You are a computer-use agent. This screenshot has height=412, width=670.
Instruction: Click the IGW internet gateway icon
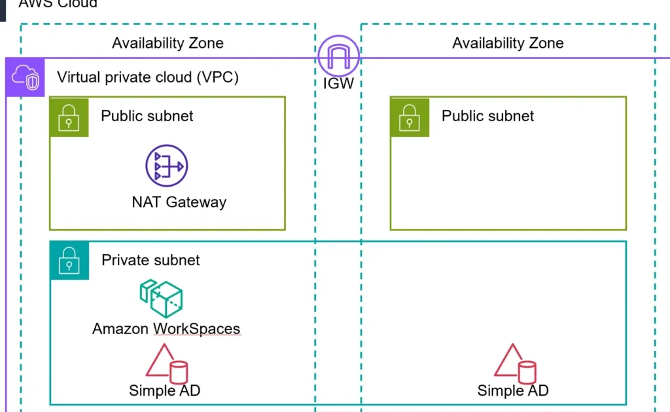pyautogui.click(x=338, y=56)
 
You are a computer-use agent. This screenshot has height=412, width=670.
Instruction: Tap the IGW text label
pyautogui.click(x=338, y=83)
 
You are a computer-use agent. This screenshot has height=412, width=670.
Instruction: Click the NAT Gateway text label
pyautogui.click(x=179, y=201)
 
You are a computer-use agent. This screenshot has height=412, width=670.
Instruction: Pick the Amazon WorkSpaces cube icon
pyautogui.click(x=161, y=299)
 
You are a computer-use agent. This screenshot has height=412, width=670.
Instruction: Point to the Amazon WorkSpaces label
pyautogui.click(x=166, y=329)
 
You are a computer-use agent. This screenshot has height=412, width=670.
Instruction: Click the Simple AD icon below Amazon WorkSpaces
pyautogui.click(x=166, y=363)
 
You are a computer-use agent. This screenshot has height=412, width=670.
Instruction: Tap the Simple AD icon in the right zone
pyautogui.click(x=514, y=363)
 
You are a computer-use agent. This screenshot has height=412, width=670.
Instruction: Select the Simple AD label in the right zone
pyautogui.click(x=512, y=391)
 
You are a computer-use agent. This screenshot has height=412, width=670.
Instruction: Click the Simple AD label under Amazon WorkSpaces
pyautogui.click(x=164, y=391)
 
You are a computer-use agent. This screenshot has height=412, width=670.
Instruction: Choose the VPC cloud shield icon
pyautogui.click(x=26, y=77)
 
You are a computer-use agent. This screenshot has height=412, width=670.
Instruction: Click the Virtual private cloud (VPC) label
pyautogui.click(x=148, y=77)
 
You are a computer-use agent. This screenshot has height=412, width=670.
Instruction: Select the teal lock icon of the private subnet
pyautogui.click(x=69, y=261)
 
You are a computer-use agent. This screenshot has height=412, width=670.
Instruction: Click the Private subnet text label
pyautogui.click(x=150, y=260)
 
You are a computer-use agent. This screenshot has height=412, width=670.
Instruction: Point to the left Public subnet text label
pyautogui.click(x=147, y=116)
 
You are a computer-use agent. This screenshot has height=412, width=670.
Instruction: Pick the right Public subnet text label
pyautogui.click(x=487, y=116)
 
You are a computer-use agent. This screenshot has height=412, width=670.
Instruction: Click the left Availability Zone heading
pyautogui.click(x=167, y=43)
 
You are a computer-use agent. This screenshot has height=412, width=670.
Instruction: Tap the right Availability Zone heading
pyautogui.click(x=508, y=43)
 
